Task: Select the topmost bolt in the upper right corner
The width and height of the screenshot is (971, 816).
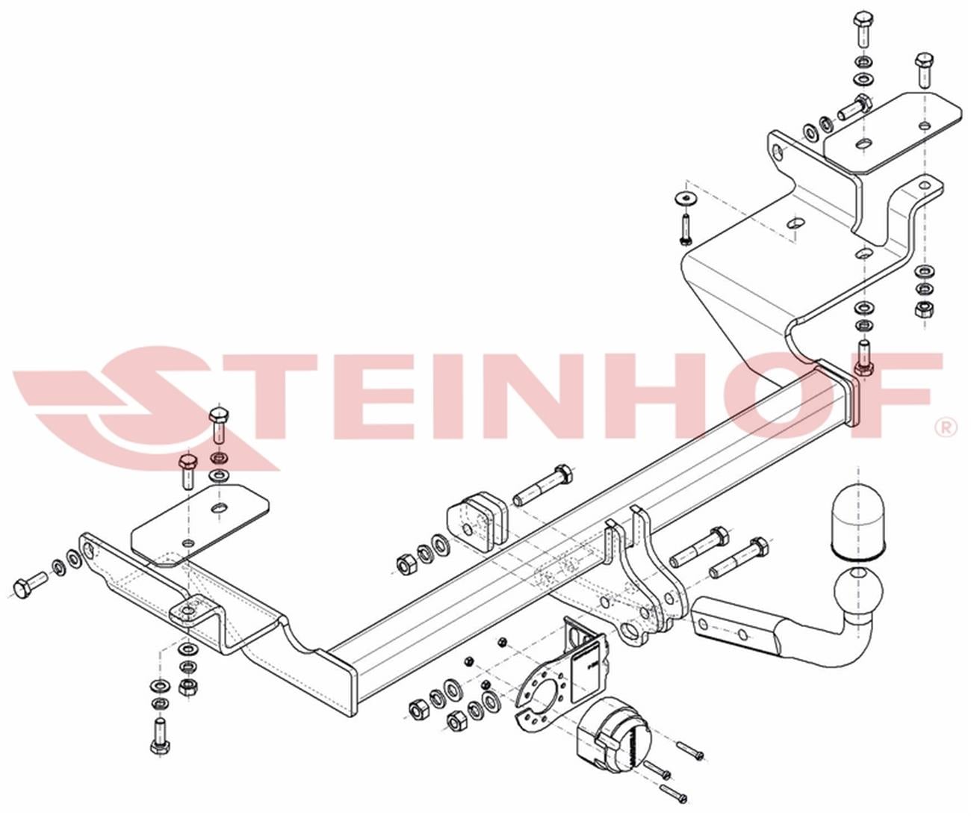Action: (863, 30)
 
